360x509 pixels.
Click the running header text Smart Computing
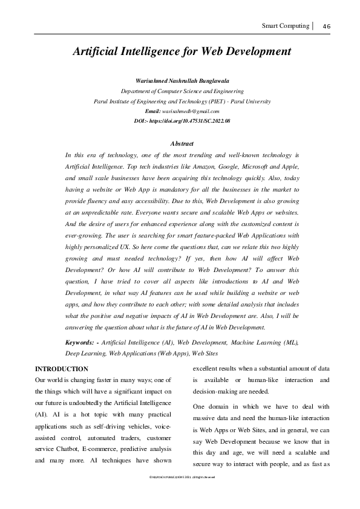point(284,25)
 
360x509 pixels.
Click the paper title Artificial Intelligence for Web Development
point(182,52)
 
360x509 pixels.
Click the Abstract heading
point(182,144)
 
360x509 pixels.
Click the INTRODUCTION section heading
point(62,369)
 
